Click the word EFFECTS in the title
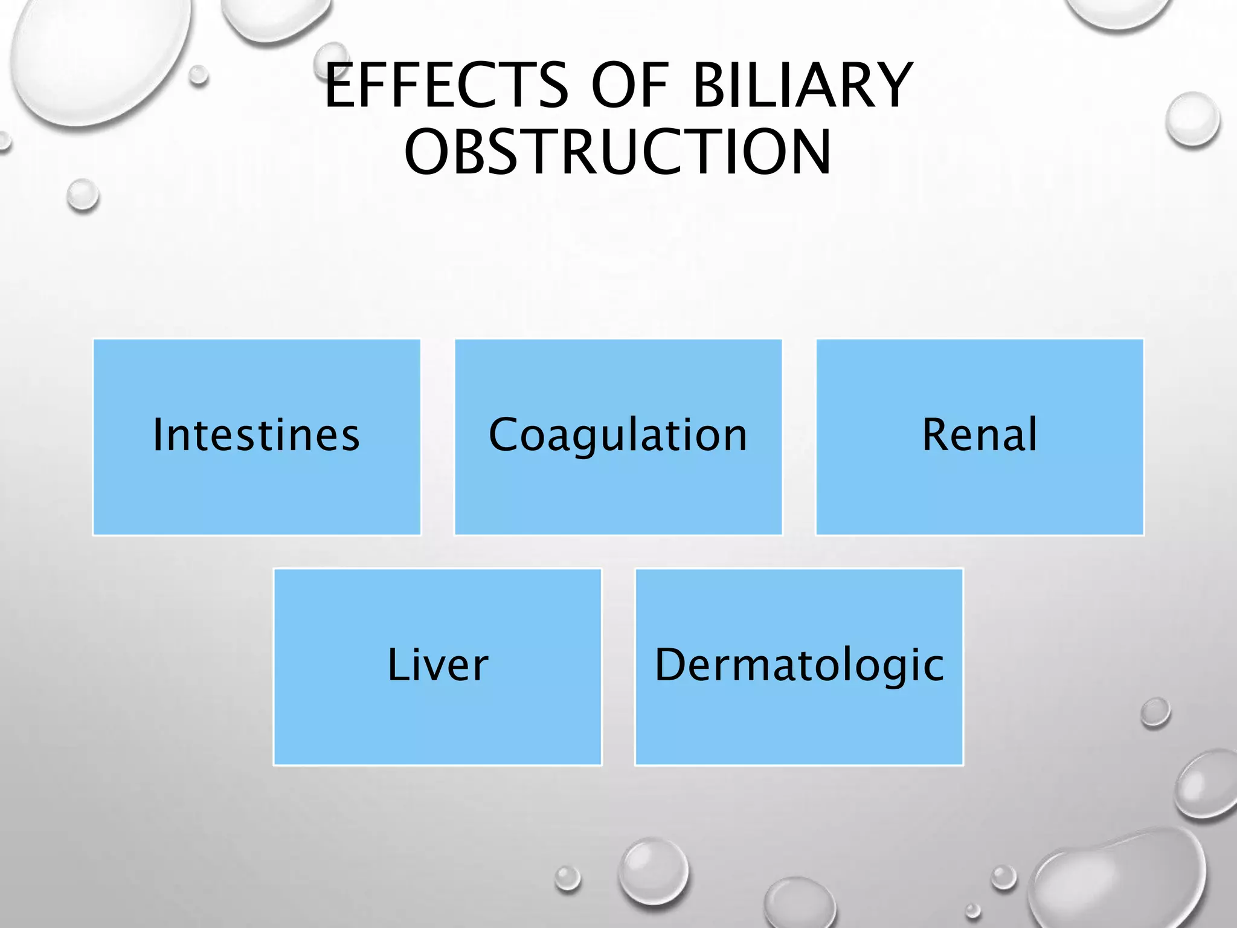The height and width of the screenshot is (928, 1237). tap(446, 86)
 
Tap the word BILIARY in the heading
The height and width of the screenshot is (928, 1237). tap(802, 86)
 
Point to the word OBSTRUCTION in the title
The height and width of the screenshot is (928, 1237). tap(617, 152)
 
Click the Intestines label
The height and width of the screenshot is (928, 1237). tap(256, 435)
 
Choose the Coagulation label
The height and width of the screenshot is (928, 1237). tap(618, 435)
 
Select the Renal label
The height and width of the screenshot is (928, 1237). tap(980, 435)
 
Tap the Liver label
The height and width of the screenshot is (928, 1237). tap(437, 665)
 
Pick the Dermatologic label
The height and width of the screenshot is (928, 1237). tap(798, 665)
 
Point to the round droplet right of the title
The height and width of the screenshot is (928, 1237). tap(1192, 120)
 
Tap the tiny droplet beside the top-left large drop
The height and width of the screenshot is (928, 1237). tap(198, 76)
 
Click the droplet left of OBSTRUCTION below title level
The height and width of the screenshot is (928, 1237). tap(83, 195)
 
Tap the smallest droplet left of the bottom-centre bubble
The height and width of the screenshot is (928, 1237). tap(568, 878)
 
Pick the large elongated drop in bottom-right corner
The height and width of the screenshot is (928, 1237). tap(1117, 876)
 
